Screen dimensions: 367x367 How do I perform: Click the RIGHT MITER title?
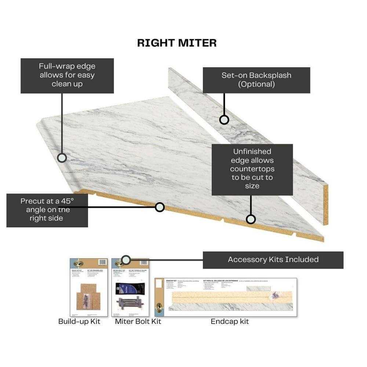pyautogui.click(x=177, y=43)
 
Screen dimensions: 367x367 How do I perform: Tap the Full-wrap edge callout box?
pyautogui.click(x=67, y=75)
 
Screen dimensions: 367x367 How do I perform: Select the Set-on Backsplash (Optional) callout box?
pyautogui.click(x=256, y=80)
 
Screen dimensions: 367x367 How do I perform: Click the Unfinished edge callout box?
pyautogui.click(x=252, y=169)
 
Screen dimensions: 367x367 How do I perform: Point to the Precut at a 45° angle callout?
pyautogui.click(x=47, y=210)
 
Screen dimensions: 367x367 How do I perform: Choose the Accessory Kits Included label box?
pyautogui.click(x=273, y=260)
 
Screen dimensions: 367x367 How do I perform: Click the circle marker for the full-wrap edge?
pyautogui.click(x=62, y=158)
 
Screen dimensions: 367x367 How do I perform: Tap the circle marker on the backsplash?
pyautogui.click(x=224, y=120)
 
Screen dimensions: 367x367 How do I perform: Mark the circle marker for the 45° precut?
pyautogui.click(x=160, y=207)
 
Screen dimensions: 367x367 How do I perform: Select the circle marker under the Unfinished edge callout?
pyautogui.click(x=251, y=219)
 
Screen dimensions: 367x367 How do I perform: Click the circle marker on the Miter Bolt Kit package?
pyautogui.click(x=126, y=260)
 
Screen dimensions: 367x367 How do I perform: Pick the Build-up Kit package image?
pyautogui.click(x=89, y=287)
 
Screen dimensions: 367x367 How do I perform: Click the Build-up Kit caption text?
pyautogui.click(x=79, y=321)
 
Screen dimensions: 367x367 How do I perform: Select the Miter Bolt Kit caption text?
pyautogui.click(x=138, y=321)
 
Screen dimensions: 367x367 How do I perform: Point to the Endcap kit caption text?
pyautogui.click(x=230, y=321)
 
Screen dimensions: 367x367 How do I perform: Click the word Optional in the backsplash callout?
pyautogui.click(x=256, y=84)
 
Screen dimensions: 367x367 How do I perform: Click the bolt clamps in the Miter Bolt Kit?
pyautogui.click(x=130, y=304)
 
